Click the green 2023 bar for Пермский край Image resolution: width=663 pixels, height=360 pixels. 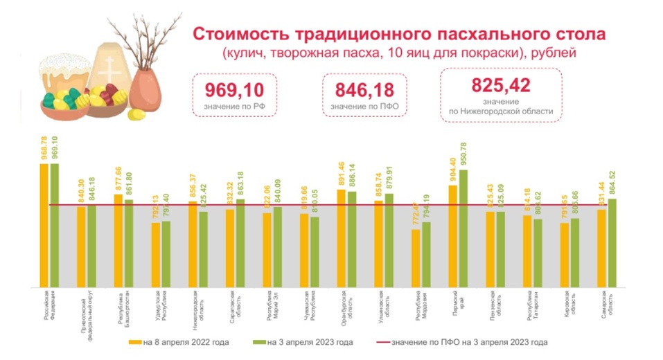click(x=463, y=228)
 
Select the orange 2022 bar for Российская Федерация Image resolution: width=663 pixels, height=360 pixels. click(x=44, y=225)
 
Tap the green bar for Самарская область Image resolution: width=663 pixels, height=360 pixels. click(x=612, y=242)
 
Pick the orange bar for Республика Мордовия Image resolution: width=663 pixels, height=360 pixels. click(x=416, y=258)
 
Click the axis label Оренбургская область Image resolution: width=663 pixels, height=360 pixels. click(x=344, y=305)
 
